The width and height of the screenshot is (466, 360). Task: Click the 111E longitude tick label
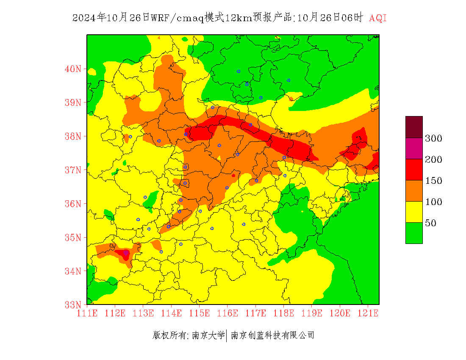click(x=87, y=313)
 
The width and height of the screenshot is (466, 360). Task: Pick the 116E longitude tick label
click(x=227, y=313)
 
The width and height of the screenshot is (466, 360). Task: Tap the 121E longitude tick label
click(x=368, y=313)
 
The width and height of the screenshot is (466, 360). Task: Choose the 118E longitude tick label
click(x=284, y=313)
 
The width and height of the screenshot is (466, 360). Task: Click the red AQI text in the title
click(x=378, y=18)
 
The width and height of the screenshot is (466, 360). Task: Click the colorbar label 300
click(x=434, y=138)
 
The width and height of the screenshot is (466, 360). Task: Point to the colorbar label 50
click(x=431, y=223)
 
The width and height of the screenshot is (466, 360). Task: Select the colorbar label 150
click(x=434, y=181)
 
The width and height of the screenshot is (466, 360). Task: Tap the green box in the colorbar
click(x=414, y=233)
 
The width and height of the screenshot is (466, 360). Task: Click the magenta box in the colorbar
click(x=414, y=148)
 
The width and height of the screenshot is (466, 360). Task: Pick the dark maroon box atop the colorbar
click(x=414, y=127)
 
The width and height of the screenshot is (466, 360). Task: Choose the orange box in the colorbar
click(x=414, y=191)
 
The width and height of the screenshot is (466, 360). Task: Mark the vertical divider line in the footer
click(x=227, y=335)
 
